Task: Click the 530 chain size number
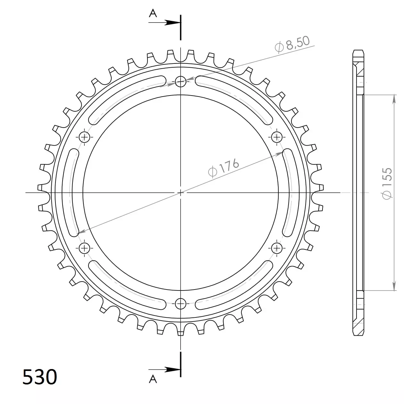(40, 377)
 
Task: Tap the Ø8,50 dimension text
(292, 44)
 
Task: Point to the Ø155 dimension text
(387, 183)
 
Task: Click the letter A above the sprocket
(153, 13)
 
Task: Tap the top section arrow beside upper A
(164, 22)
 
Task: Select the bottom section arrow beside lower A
(164, 370)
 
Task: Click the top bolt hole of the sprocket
(181, 81)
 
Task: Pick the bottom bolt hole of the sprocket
(181, 304)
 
